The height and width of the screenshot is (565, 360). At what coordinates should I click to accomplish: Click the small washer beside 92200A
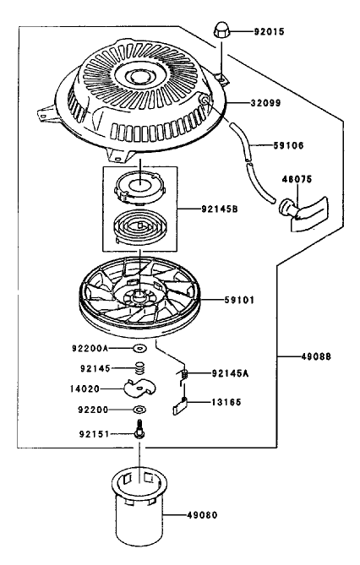[x=139, y=347]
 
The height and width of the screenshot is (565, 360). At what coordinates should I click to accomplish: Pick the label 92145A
[x=230, y=372]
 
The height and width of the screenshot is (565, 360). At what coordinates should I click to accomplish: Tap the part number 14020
[x=85, y=389]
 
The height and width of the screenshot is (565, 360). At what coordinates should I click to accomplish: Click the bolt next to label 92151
[x=139, y=431]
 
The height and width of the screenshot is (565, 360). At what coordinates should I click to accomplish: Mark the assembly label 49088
[x=312, y=356]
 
